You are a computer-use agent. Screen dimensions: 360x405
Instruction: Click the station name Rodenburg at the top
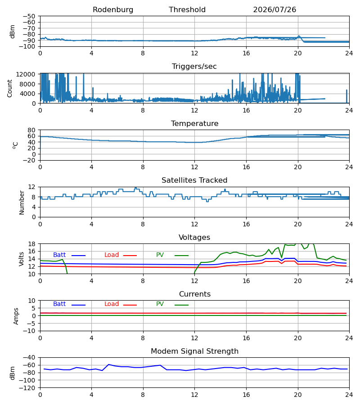coord(113,10)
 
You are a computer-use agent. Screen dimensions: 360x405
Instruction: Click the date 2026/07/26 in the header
coord(274,10)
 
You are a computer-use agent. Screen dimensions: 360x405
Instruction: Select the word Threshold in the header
coord(187,10)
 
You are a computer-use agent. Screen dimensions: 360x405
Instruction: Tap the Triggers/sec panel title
coord(194,67)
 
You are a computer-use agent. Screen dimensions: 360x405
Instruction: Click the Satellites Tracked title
coord(194,180)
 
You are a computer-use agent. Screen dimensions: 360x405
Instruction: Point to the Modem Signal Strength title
coord(194,351)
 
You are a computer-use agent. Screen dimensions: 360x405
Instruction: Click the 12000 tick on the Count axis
coord(26,74)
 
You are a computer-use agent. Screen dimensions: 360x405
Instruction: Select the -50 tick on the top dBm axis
coord(29,16)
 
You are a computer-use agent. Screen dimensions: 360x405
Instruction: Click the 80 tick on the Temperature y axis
coord(31,130)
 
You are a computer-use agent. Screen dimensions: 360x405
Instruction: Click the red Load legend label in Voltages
coord(112,255)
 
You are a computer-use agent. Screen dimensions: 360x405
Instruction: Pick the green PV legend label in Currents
coord(160,304)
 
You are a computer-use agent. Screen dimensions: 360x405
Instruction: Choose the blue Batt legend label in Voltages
coord(59,255)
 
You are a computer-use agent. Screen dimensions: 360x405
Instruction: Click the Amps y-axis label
coord(16,316)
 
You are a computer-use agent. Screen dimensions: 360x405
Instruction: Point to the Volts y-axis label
coord(21,259)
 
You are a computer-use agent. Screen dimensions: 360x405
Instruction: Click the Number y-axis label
coord(22,202)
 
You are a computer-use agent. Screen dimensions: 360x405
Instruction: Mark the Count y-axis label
coord(10,88)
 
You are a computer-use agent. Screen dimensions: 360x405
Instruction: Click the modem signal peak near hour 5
coord(109,364)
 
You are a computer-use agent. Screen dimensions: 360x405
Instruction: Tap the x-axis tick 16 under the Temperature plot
coord(246,167)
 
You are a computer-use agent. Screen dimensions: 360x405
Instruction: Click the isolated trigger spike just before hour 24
coord(346,96)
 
